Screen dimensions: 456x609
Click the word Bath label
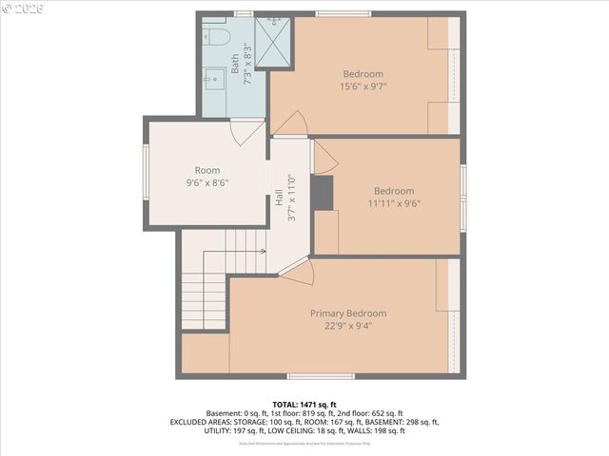[x=234, y=64]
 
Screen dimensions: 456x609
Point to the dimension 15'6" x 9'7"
[x=363, y=86]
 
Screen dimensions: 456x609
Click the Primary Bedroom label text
[x=348, y=313]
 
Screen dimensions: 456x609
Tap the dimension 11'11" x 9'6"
[x=393, y=202]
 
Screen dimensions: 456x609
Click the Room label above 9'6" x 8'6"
[x=207, y=170]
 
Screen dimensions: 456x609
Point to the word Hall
[x=279, y=198]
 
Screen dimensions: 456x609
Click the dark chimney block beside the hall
[x=324, y=193]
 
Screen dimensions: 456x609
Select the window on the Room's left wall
[x=146, y=174]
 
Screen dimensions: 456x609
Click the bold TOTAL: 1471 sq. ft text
[x=304, y=405]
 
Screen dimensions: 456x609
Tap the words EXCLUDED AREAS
[x=202, y=422]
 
